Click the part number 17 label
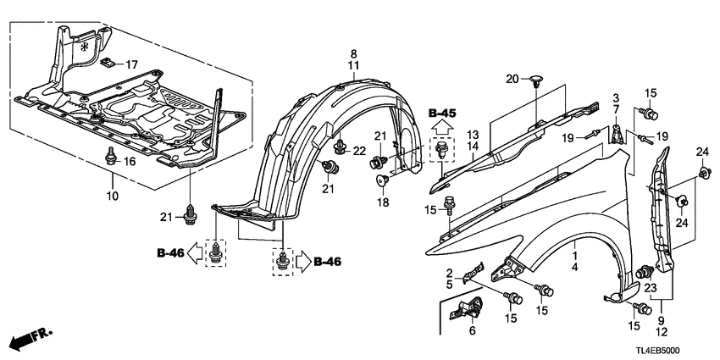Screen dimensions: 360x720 pos(130,64)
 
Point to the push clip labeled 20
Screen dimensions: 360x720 pos(537,82)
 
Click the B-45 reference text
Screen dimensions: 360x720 pos(441,113)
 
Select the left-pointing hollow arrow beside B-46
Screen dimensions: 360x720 pos(193,252)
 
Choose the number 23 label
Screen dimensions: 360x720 pos(651,287)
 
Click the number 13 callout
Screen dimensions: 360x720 pos(473,135)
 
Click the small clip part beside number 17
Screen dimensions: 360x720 pos(108,62)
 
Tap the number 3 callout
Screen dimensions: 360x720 pos(617,97)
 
